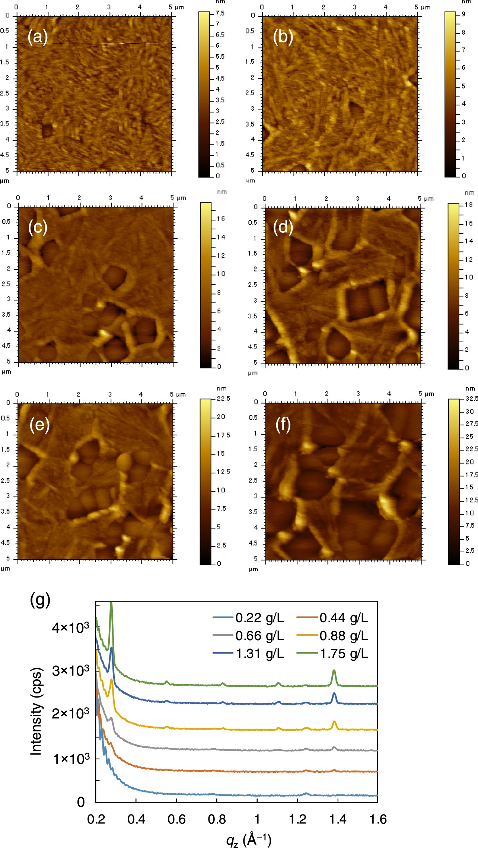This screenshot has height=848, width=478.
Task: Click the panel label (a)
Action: (x=38, y=37)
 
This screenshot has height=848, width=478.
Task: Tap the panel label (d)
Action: (x=283, y=227)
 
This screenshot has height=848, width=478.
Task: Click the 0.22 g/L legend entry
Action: (x=248, y=618)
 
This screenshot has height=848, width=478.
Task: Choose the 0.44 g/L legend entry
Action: (x=332, y=618)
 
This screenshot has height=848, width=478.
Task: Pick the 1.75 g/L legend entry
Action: (x=332, y=654)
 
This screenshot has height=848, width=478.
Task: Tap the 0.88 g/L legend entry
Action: (x=332, y=636)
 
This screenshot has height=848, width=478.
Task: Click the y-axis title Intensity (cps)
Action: (x=36, y=711)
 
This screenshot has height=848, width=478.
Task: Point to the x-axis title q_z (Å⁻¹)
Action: (x=249, y=839)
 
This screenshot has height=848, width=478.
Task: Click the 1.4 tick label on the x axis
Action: (x=338, y=819)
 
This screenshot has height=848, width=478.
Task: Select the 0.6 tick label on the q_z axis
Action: (x=176, y=819)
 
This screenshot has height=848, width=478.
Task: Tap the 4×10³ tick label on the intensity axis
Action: (x=70, y=628)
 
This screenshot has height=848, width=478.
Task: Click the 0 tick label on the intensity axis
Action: (x=81, y=801)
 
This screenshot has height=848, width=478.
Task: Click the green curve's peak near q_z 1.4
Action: (x=334, y=671)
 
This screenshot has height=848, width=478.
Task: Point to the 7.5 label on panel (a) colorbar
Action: (x=220, y=13)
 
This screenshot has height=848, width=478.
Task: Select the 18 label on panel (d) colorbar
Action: (x=468, y=205)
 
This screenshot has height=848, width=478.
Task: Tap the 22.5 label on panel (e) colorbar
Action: (x=223, y=398)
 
